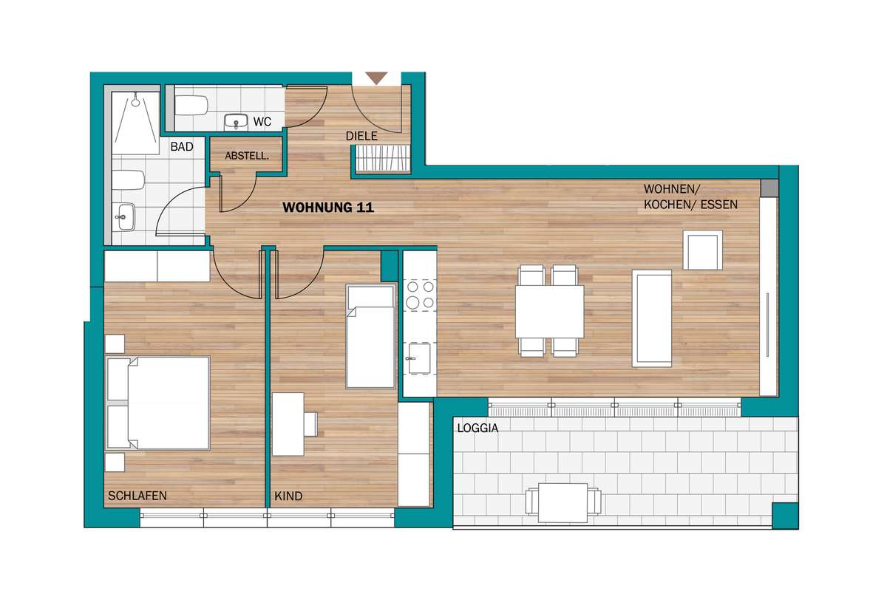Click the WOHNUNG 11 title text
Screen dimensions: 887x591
pyautogui.click(x=328, y=208)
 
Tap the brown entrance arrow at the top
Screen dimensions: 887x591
pyautogui.click(x=376, y=78)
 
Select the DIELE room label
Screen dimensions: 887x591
pyautogui.click(x=361, y=136)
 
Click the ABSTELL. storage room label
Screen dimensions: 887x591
pyautogui.click(x=247, y=156)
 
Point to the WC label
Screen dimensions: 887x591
pyautogui.click(x=262, y=122)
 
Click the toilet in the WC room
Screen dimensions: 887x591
pyautogui.click(x=191, y=106)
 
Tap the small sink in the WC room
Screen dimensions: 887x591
pyautogui.click(x=236, y=122)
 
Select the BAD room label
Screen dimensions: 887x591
pyautogui.click(x=182, y=147)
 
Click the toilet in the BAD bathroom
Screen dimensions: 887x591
pyautogui.click(x=129, y=180)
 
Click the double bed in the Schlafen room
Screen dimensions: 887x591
pyautogui.click(x=158, y=403)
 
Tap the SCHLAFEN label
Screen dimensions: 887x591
pyautogui.click(x=137, y=496)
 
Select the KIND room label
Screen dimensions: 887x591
pyautogui.click(x=288, y=496)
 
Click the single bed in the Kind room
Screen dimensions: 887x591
pyautogui.click(x=370, y=336)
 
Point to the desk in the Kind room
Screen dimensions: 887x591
pyautogui.click(x=288, y=424)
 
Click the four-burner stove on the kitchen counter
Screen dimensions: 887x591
pyautogui.click(x=420, y=295)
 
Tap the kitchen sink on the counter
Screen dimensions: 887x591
pyautogui.click(x=419, y=358)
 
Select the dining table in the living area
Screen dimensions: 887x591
pyautogui.click(x=550, y=311)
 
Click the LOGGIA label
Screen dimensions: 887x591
pyautogui.click(x=478, y=428)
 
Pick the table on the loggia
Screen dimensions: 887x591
pyautogui.click(x=563, y=503)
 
